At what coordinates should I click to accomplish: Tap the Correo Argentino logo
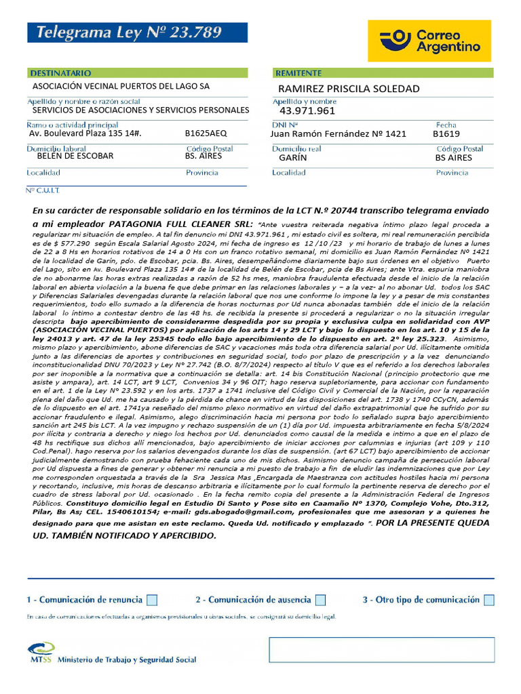point(430,41)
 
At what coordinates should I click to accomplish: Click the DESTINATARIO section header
point(62,73)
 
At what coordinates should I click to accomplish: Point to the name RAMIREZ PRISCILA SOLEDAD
point(349,89)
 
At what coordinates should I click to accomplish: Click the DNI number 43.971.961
point(307,111)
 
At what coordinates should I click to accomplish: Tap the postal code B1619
point(446,134)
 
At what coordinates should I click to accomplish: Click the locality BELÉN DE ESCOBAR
point(75,156)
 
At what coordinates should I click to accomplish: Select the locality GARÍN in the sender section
point(293,157)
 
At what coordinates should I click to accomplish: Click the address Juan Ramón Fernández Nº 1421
point(338,134)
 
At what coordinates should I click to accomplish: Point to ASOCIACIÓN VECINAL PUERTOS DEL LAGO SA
point(121,86)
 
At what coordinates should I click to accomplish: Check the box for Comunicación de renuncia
point(152,600)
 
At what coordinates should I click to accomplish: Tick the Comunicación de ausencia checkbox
point(320,600)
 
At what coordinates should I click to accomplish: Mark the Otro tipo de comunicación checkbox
point(489,600)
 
